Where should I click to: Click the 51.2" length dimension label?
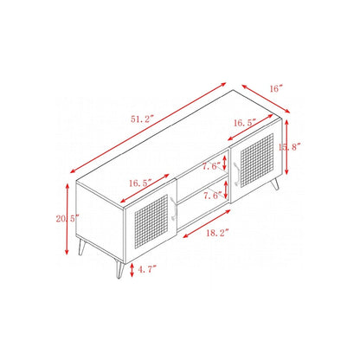click(143, 119)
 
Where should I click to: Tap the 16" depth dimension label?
click(275, 88)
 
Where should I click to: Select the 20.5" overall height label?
click(67, 219)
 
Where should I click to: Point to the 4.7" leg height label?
click(147, 270)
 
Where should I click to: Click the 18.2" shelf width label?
click(217, 233)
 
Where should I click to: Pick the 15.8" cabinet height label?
click(290, 147)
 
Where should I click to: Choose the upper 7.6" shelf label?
click(212, 166)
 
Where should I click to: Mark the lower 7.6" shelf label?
click(213, 196)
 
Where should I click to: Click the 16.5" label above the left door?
click(140, 183)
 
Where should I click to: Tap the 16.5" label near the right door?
click(245, 123)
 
